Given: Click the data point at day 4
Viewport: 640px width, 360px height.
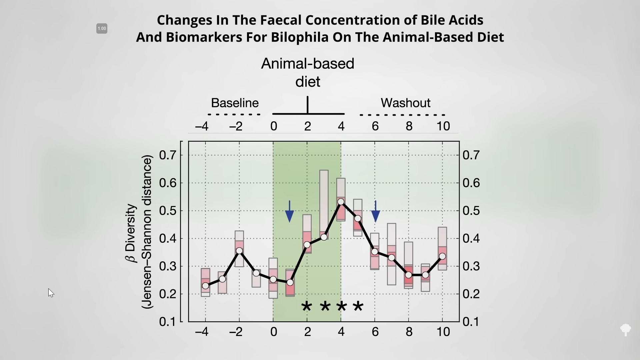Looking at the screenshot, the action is tap(341, 202).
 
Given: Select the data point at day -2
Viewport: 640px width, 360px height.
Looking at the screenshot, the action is tap(239, 251).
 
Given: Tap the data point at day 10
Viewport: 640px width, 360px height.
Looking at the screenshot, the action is tap(442, 256).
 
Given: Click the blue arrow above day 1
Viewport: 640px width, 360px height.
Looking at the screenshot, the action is tap(290, 211).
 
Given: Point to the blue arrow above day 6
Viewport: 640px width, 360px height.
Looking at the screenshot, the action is tap(376, 211).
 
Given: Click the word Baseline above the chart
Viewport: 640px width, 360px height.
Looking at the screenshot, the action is tap(235, 103).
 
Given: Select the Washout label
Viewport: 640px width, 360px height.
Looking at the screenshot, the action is tap(406, 103).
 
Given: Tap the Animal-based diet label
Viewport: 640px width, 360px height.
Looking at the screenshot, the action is tap(308, 73).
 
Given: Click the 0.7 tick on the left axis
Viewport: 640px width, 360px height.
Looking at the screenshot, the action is tap(168, 155).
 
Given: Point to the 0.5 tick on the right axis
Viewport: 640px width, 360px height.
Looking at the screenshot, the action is tap(471, 211).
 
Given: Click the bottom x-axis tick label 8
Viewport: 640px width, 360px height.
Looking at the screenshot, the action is tap(409, 332).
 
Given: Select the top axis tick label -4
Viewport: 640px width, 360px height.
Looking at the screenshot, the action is tap(202, 126).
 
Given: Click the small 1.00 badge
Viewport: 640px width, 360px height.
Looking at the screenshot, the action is tap(102, 29).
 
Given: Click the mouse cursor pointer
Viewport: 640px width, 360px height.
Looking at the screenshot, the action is tap(51, 293).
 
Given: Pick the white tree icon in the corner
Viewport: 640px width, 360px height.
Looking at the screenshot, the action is tap(626, 330).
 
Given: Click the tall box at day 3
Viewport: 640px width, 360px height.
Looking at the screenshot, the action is tap(324, 205).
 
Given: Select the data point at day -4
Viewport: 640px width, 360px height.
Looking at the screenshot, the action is tap(206, 286).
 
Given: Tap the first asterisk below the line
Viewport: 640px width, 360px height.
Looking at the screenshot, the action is tap(307, 306).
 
